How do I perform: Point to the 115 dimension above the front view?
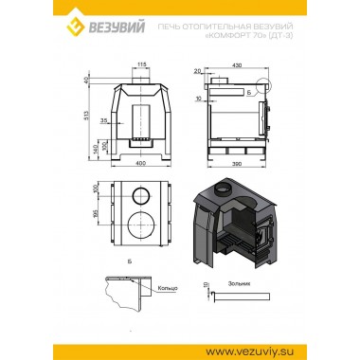(142, 65)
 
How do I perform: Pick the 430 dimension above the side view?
(235, 64)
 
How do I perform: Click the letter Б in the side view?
(247, 94)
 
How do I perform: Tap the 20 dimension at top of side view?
(196, 71)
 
